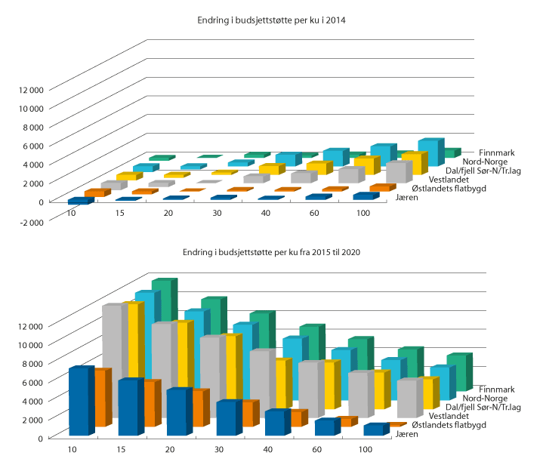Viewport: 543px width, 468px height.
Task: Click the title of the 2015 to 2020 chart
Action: (x=271, y=252)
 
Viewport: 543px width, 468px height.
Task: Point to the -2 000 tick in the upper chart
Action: (x=31, y=220)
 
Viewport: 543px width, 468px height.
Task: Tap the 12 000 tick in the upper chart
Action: (x=31, y=89)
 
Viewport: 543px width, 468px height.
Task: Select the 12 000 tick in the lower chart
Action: (x=31, y=325)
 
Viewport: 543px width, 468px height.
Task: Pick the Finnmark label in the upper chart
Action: (x=480, y=152)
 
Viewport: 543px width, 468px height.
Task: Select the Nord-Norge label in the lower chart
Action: (x=483, y=397)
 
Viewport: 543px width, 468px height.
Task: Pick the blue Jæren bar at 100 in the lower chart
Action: (x=373, y=430)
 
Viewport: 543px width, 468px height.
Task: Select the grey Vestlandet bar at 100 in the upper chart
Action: (x=396, y=173)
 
